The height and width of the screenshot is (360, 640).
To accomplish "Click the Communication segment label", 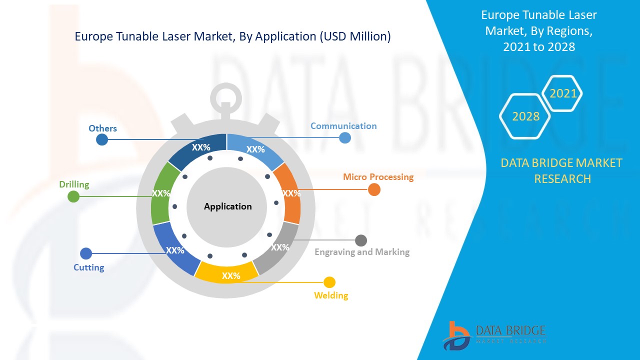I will point(343,126).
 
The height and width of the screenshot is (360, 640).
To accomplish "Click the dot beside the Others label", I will point(102,139).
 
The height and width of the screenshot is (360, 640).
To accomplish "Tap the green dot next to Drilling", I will point(73,196).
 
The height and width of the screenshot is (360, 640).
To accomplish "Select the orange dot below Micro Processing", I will point(374,190).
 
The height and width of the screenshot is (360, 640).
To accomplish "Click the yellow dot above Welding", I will point(329,282).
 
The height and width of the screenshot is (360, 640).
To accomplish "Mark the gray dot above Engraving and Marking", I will point(360,240).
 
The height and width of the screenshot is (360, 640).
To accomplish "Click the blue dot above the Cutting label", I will point(86,253).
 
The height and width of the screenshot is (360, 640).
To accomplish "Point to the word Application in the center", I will point(228,206).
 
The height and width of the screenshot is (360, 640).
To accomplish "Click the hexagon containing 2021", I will point(563,93).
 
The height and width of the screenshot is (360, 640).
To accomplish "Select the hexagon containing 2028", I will point(525,116).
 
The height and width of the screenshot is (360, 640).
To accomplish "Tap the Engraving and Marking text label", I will point(362,252).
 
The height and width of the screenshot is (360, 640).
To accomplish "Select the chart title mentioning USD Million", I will point(232,36).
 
